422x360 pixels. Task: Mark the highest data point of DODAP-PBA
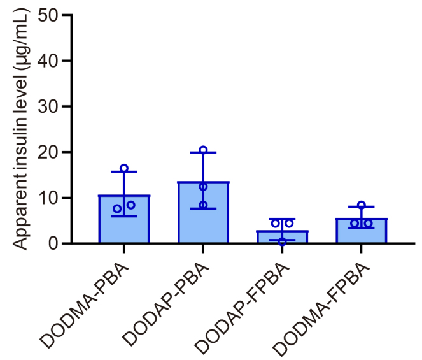coord(203,150)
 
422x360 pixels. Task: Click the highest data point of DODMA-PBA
coord(124,169)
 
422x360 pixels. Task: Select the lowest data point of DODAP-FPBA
coord(282,241)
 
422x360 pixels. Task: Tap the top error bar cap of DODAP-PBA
coord(203,152)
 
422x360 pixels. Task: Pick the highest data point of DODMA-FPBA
coord(362,205)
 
